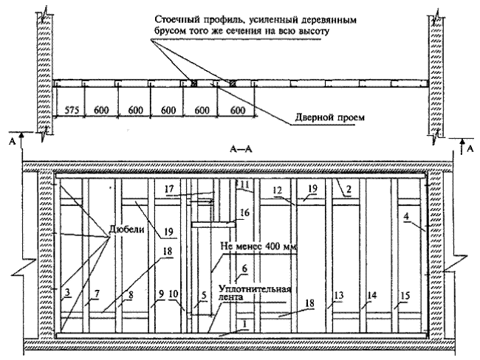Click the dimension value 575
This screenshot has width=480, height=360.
[72, 110]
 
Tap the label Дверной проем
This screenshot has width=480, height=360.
[329, 117]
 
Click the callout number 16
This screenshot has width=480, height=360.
[244, 212]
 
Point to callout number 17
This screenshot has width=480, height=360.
[169, 189]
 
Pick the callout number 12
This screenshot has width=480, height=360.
[277, 190]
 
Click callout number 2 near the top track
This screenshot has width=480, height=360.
[347, 190]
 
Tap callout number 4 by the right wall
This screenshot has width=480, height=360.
[406, 216]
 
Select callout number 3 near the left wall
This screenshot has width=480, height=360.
[67, 292]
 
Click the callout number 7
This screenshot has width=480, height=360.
[97, 294]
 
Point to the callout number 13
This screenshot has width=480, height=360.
[338, 296]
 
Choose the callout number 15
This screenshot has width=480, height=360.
[405, 296]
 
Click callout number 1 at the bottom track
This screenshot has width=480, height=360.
[244, 324]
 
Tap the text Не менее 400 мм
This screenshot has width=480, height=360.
[258, 246]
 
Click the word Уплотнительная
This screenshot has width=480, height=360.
[255, 289]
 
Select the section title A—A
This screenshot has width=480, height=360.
[241, 150]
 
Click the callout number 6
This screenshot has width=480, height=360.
[244, 269]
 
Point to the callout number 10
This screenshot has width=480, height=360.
[173, 294]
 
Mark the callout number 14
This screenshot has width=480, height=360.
[371, 296]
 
